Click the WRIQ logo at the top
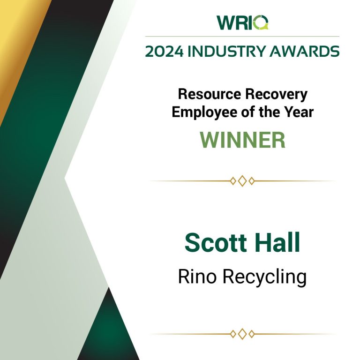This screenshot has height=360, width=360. click(x=242, y=22)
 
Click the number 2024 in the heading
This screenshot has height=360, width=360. click(x=165, y=51)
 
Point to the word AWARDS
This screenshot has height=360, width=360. click(x=304, y=51)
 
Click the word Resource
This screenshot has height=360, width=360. click(x=210, y=94)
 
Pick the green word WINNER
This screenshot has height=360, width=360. click(x=242, y=140)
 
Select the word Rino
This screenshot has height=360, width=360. click(x=197, y=277)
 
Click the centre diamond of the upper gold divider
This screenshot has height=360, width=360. click(x=242, y=181)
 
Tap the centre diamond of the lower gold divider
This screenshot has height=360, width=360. click(x=242, y=334)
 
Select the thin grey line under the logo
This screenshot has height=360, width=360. click(x=242, y=36)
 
